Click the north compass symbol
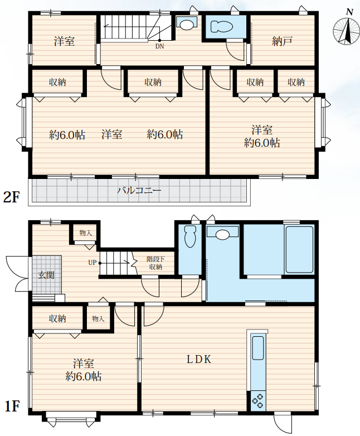click(346, 30)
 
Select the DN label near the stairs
click(159, 46)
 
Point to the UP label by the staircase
click(92, 263)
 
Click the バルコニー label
click(139, 191)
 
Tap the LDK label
click(199, 359)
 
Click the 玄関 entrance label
click(46, 275)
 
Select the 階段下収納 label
click(155, 263)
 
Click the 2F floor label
click(11, 197)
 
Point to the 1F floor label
click(12, 406)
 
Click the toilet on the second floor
click(222, 27)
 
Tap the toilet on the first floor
click(190, 236)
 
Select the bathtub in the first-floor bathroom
click(299, 250)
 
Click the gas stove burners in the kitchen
click(257, 401)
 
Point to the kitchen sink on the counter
click(257, 348)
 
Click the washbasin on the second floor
click(187, 23)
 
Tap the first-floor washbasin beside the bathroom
click(222, 233)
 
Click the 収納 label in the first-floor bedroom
click(57, 318)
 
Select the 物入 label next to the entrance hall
click(86, 232)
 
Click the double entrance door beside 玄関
click(17, 274)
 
